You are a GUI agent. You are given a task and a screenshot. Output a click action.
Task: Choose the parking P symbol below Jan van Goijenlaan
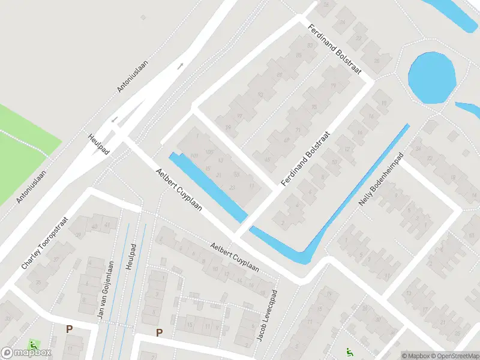pos(69,329)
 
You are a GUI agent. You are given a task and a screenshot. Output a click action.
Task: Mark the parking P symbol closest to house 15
pos(159,332)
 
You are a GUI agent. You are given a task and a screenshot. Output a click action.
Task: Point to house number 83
pos(310,46)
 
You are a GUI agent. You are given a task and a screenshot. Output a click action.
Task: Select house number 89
pos(279,74)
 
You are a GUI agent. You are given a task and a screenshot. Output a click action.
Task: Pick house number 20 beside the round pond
pos(377,61)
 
